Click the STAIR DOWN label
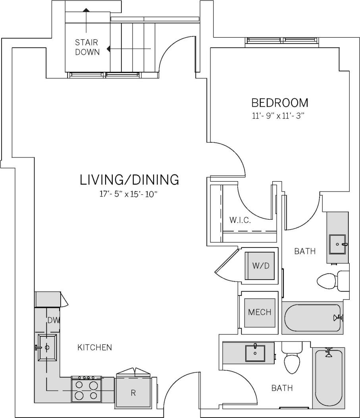coord(87,47)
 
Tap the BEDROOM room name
coord(279,103)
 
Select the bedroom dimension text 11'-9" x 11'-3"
coord(279,116)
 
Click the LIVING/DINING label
coord(129,180)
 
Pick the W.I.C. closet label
coord(240,220)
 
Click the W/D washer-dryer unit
coord(261,266)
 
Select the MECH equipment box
coord(260,312)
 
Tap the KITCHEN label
coord(94,347)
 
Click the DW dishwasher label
coord(53,320)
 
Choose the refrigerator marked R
coord(133,393)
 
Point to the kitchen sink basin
coord(47,348)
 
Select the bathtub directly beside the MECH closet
coord(312,318)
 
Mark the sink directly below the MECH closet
coord(255,353)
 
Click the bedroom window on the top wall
coord(282,41)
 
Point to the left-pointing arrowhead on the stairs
coord(109,50)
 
